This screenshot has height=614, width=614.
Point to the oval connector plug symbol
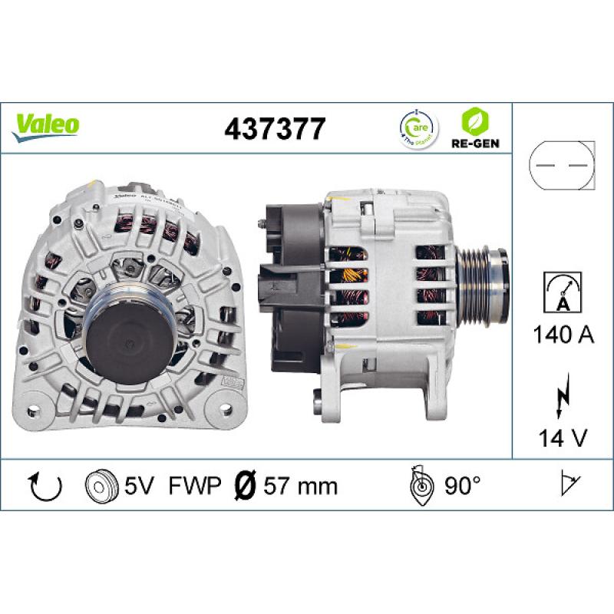point(563,166)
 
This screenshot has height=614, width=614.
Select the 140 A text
point(563,335)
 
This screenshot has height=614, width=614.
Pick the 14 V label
point(563,438)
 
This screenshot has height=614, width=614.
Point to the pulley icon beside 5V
point(98,486)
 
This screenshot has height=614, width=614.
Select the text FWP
point(195,486)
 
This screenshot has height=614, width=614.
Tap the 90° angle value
point(462,486)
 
